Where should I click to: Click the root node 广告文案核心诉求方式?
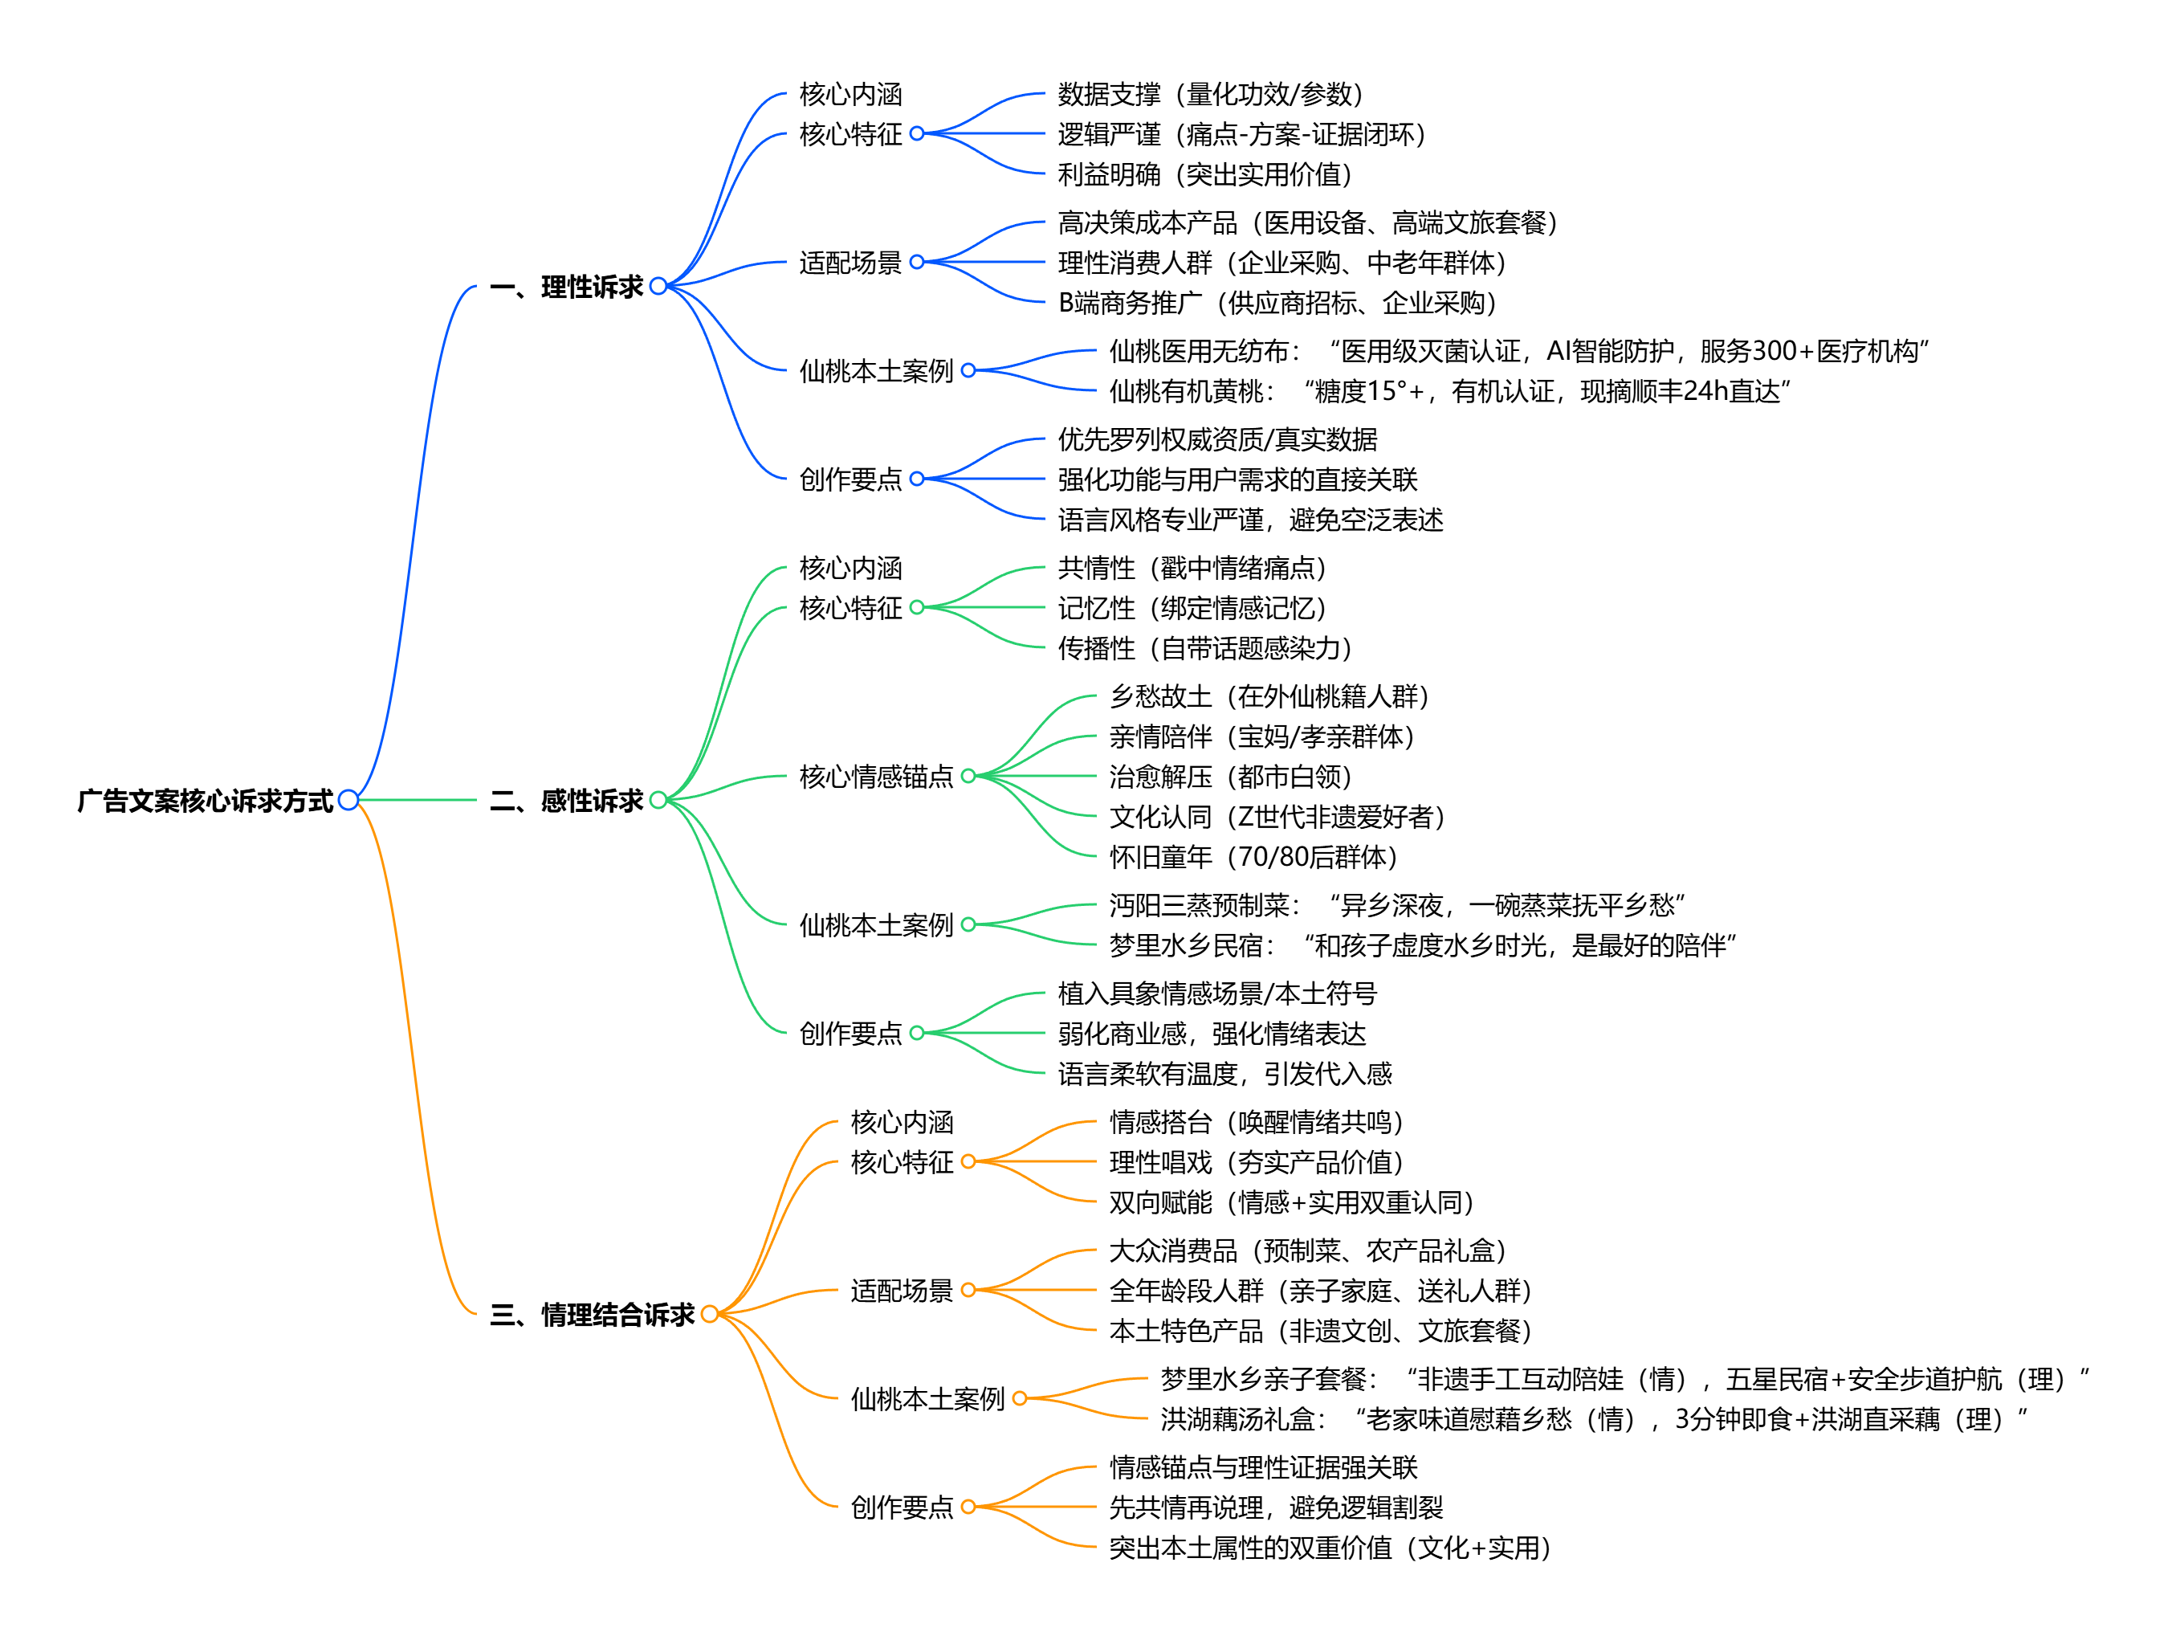(206, 800)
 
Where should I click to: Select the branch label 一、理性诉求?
(566, 288)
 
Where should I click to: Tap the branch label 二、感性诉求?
(566, 800)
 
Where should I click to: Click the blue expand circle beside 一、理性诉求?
(658, 287)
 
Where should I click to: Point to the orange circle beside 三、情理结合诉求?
(710, 1313)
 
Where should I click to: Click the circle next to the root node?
(348, 800)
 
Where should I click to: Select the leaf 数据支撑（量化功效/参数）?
(1209, 94)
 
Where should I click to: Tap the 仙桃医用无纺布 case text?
(1518, 352)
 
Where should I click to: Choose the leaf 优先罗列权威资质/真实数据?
(1217, 439)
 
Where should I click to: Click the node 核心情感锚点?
(876, 777)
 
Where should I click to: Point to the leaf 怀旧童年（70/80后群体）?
(1253, 857)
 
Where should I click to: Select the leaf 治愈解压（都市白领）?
(1230, 777)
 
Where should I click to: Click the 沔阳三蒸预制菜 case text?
(1396, 905)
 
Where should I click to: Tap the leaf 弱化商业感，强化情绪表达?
(1212, 1034)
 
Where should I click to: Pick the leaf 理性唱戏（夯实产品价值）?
(1256, 1162)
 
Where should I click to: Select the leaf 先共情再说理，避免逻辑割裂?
(1276, 1507)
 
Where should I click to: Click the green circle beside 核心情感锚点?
(968, 776)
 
